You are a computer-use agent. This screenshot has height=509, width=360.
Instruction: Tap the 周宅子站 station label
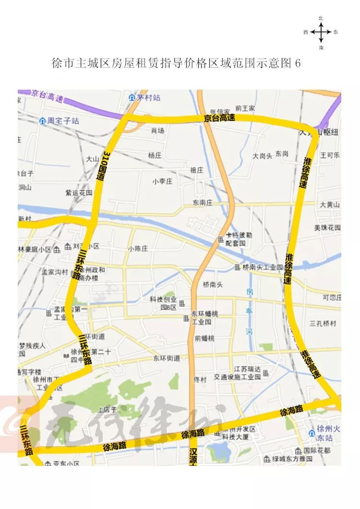(x=63, y=121)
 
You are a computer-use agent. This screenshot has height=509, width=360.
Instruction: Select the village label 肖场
(x=157, y=130)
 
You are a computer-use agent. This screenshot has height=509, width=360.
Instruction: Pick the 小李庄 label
(x=162, y=181)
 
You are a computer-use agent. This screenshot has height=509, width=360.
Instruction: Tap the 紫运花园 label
(x=79, y=193)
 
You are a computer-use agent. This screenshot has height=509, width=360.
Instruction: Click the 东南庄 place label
(x=203, y=203)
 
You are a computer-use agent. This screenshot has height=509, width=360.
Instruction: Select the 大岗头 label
(x=263, y=156)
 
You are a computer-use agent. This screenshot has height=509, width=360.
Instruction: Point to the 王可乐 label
(x=330, y=155)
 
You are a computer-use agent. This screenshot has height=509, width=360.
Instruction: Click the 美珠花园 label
(x=327, y=227)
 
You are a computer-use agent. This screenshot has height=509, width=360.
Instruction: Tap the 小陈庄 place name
(x=138, y=249)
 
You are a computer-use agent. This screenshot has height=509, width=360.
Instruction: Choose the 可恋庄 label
(x=332, y=297)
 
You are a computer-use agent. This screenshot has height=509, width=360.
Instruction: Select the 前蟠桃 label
(x=204, y=338)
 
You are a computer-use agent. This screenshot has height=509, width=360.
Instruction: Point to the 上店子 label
(x=107, y=410)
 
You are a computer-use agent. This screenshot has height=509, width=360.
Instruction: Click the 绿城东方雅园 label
(x=292, y=459)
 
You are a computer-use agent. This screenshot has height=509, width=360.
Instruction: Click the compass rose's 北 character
(x=321, y=18)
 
